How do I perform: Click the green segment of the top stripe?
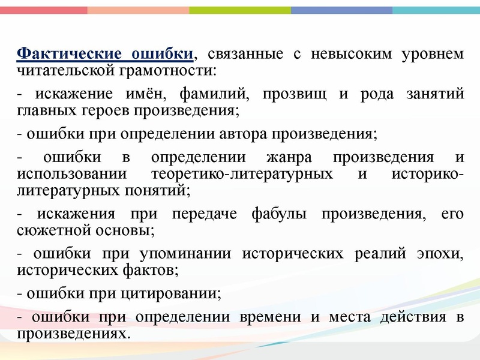coord(240,10)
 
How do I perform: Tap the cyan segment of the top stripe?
coord(436,10)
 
